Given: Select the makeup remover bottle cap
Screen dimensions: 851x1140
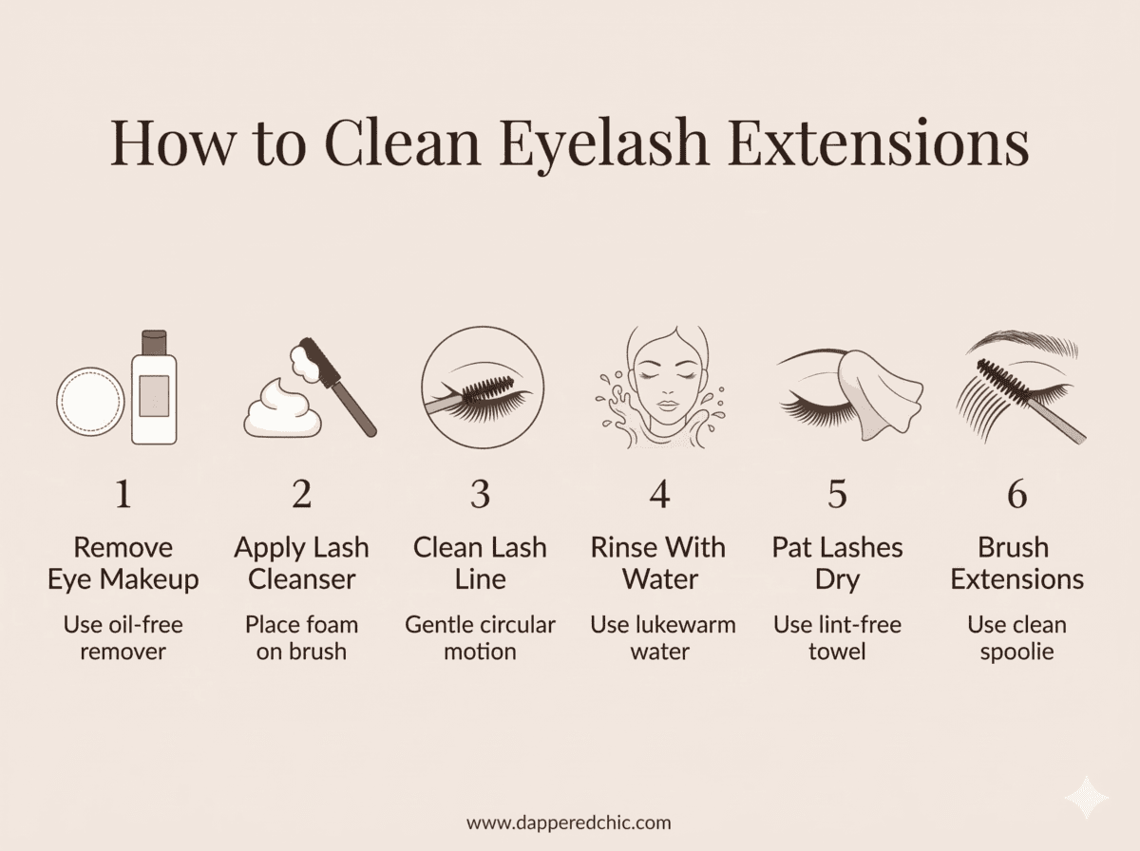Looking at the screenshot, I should click(x=154, y=341).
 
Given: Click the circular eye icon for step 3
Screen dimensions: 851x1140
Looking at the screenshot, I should click(x=483, y=388).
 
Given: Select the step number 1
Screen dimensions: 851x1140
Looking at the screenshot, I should click(x=123, y=495).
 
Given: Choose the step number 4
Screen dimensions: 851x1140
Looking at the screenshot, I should click(x=658, y=495).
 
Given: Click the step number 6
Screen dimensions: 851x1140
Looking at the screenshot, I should click(x=1016, y=495).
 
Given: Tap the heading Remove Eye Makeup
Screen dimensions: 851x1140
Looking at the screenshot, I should click(x=123, y=563).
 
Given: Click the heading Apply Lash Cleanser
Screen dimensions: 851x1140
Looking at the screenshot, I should click(x=301, y=563).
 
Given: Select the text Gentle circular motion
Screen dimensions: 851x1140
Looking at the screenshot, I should click(x=480, y=638).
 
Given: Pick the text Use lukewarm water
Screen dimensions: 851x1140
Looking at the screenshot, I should click(x=658, y=638).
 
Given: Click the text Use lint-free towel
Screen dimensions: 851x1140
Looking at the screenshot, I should click(x=837, y=638).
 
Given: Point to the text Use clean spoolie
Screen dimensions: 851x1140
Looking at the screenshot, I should click(x=1016, y=638).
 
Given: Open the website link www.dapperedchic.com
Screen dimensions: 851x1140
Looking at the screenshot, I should click(x=569, y=822).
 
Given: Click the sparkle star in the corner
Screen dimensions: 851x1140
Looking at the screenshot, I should click(x=1086, y=797).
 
